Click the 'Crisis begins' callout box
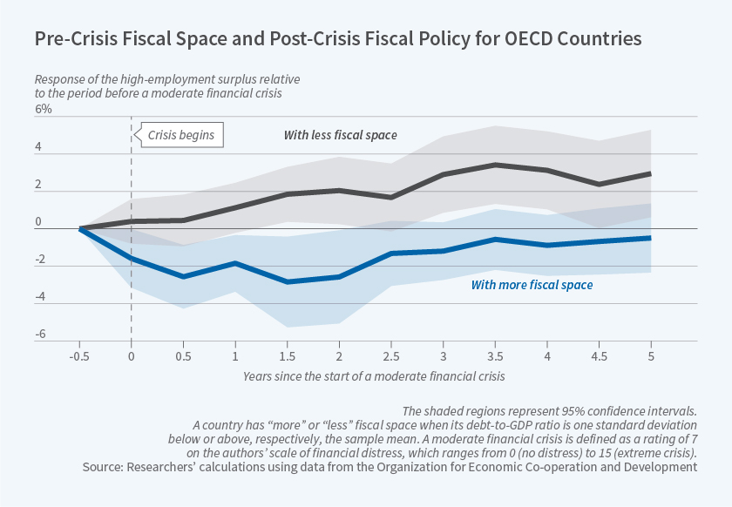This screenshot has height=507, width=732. pyautogui.click(x=180, y=135)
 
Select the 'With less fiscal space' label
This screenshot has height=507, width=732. pyautogui.click(x=340, y=135)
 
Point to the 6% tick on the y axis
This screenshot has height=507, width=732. pyautogui.click(x=44, y=109)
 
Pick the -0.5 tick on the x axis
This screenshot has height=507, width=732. pyautogui.click(x=80, y=356)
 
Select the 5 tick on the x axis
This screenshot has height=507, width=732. pyautogui.click(x=649, y=356)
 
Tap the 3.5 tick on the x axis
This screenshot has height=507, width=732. pyautogui.click(x=494, y=356)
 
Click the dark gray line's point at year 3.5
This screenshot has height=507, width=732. pyautogui.click(x=494, y=165)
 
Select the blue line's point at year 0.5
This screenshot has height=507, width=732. pyautogui.click(x=182, y=276)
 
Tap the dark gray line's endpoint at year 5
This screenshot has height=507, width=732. pyautogui.click(x=649, y=173)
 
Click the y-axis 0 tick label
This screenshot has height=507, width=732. pyautogui.click(x=39, y=222)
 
